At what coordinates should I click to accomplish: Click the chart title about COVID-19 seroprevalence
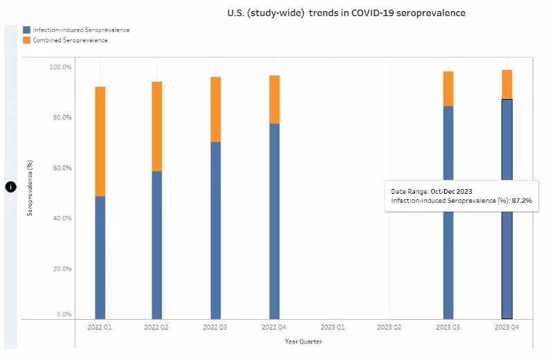point(347,13)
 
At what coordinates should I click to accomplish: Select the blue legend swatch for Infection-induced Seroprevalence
point(26,30)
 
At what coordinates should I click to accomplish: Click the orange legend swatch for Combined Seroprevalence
point(26,40)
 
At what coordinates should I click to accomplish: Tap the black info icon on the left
point(10,187)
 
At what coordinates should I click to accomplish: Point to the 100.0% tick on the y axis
point(61,67)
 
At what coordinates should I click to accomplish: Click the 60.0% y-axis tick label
point(61,168)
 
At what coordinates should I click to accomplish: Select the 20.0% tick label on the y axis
point(61,269)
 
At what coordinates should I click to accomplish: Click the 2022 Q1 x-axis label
point(100,326)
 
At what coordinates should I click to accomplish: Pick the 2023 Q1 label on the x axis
point(332,326)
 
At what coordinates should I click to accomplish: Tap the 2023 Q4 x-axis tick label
point(506,326)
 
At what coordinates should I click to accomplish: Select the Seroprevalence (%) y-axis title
point(30,187)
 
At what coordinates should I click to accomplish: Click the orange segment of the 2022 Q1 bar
point(100,141)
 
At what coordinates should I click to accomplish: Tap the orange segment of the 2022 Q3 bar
point(216,109)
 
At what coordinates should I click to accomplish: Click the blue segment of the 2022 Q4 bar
point(275,222)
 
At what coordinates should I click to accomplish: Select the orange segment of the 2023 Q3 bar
point(448,89)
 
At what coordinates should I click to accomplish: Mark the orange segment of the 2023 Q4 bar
point(507,84)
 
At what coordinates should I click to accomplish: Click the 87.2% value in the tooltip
point(523,200)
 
